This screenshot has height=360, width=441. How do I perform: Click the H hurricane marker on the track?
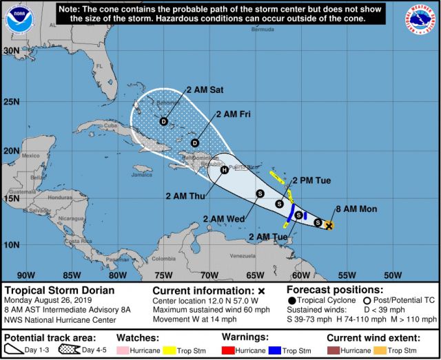(224, 170)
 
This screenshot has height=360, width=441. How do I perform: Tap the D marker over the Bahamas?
(163, 122)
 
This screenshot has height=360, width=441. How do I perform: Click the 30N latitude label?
(11, 51)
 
